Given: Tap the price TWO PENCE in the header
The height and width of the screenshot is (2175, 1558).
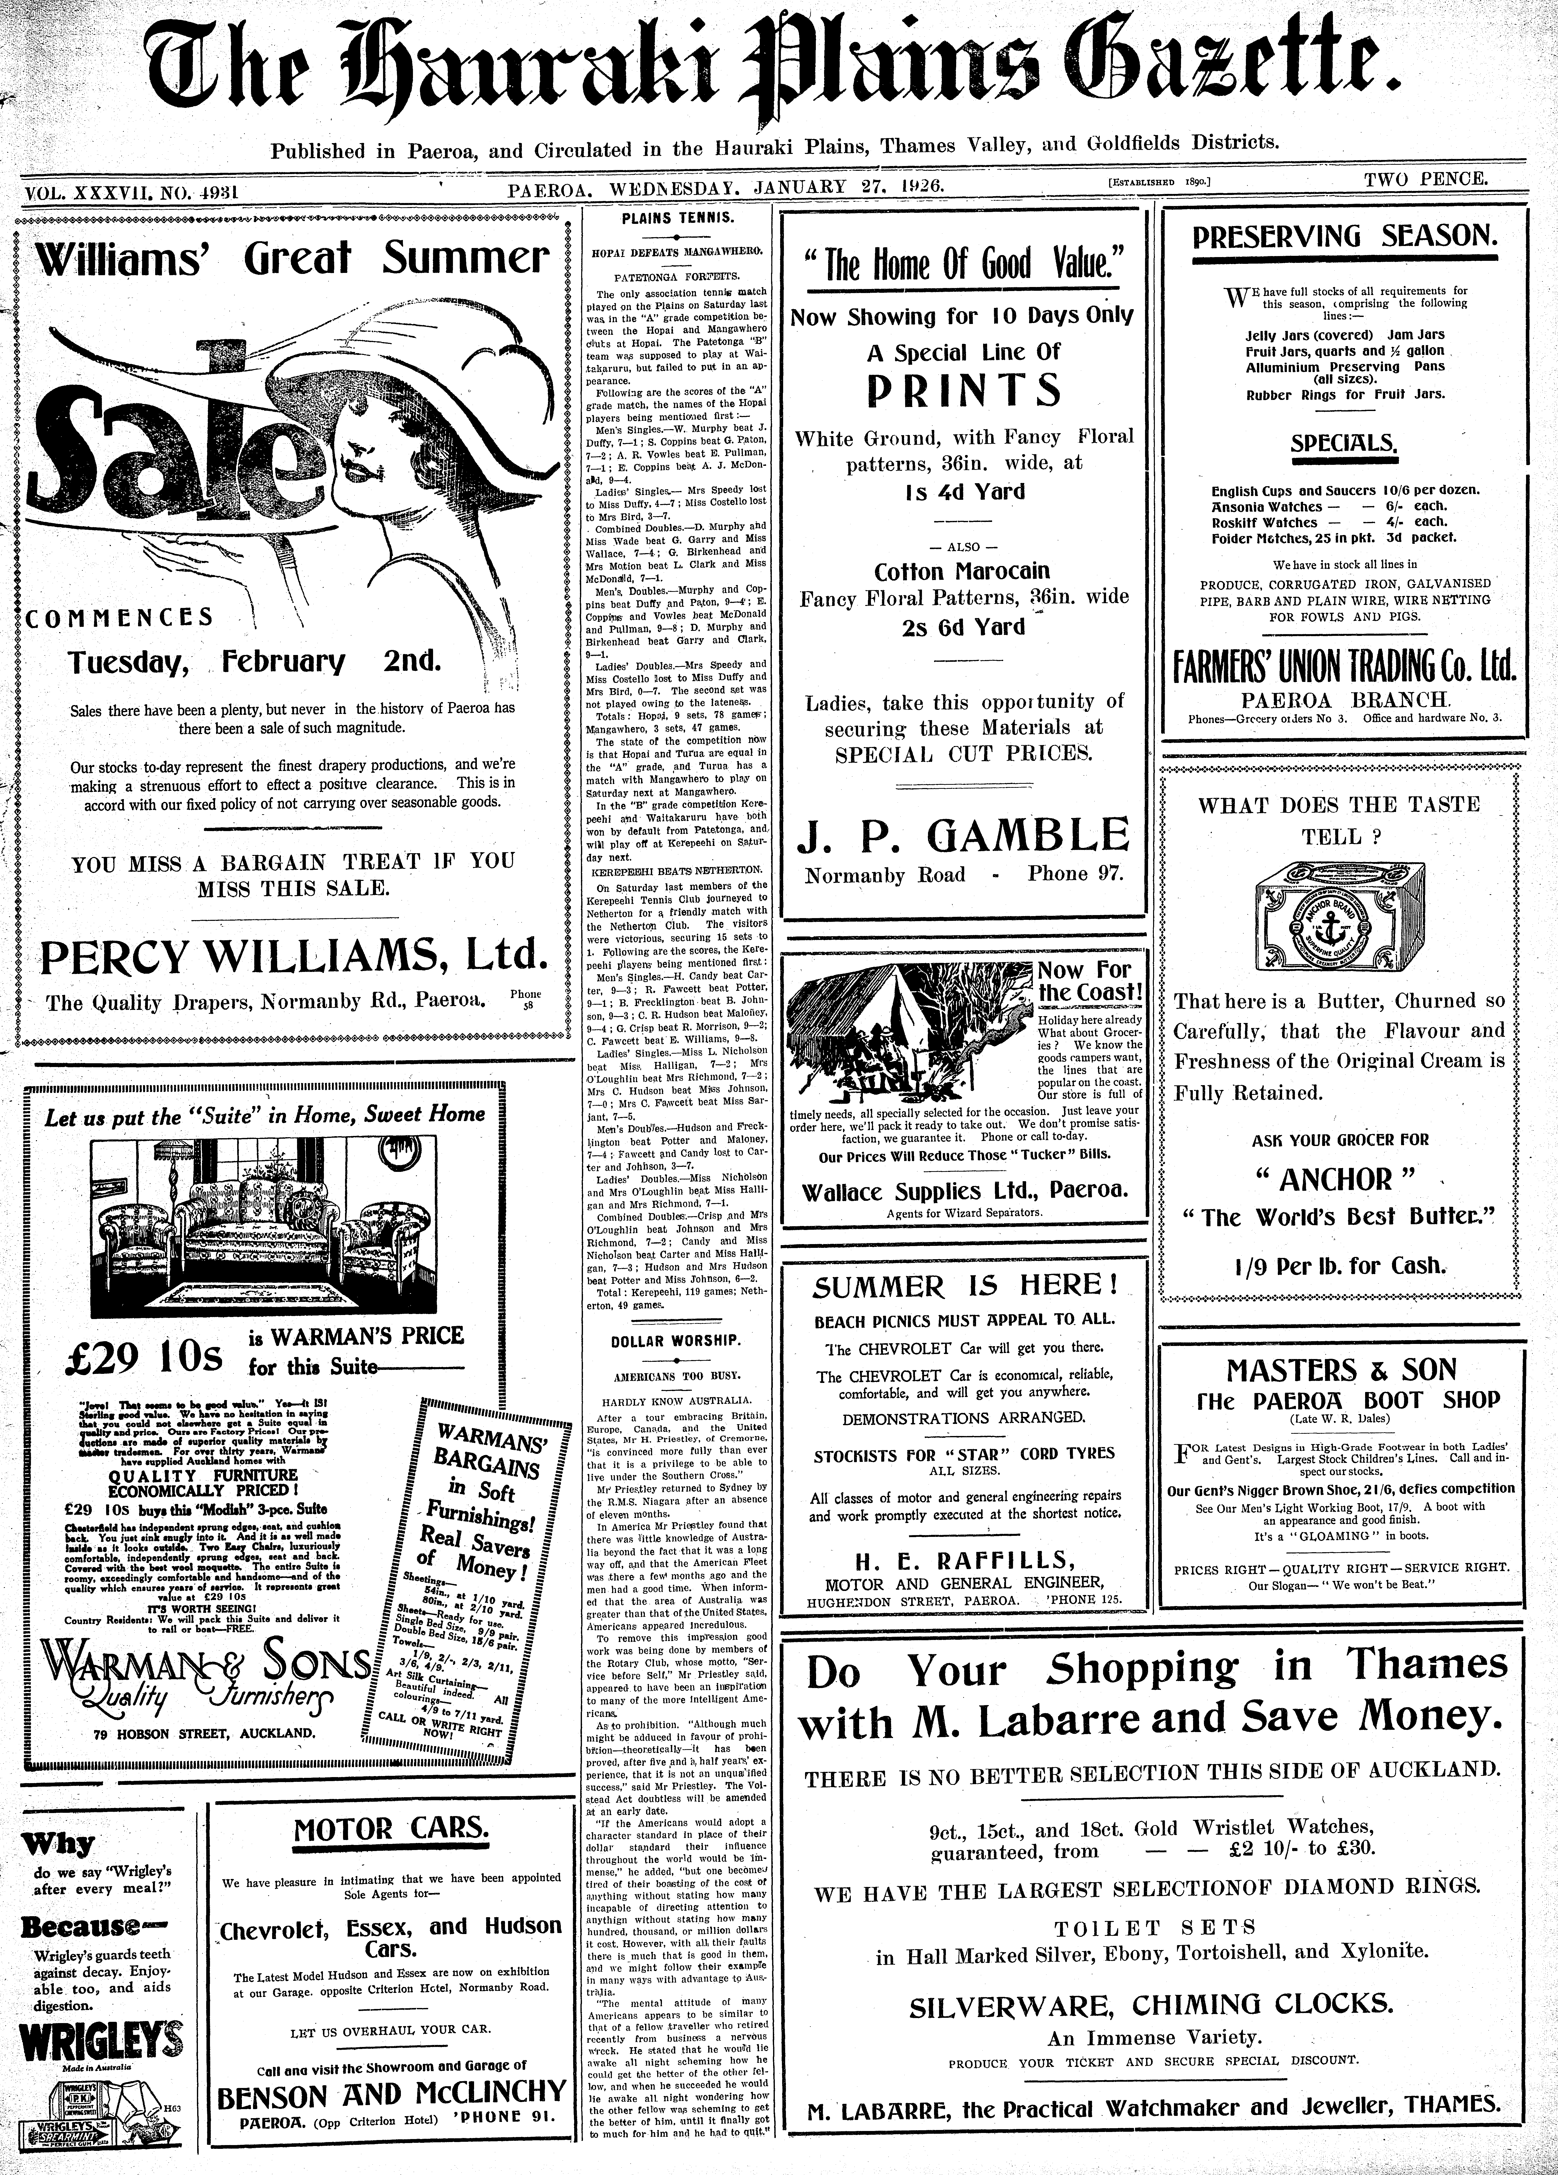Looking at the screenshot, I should point(1427,178).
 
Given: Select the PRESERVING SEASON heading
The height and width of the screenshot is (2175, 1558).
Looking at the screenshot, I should point(1344,237).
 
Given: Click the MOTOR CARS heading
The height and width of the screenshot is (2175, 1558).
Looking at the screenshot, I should point(391,1829).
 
